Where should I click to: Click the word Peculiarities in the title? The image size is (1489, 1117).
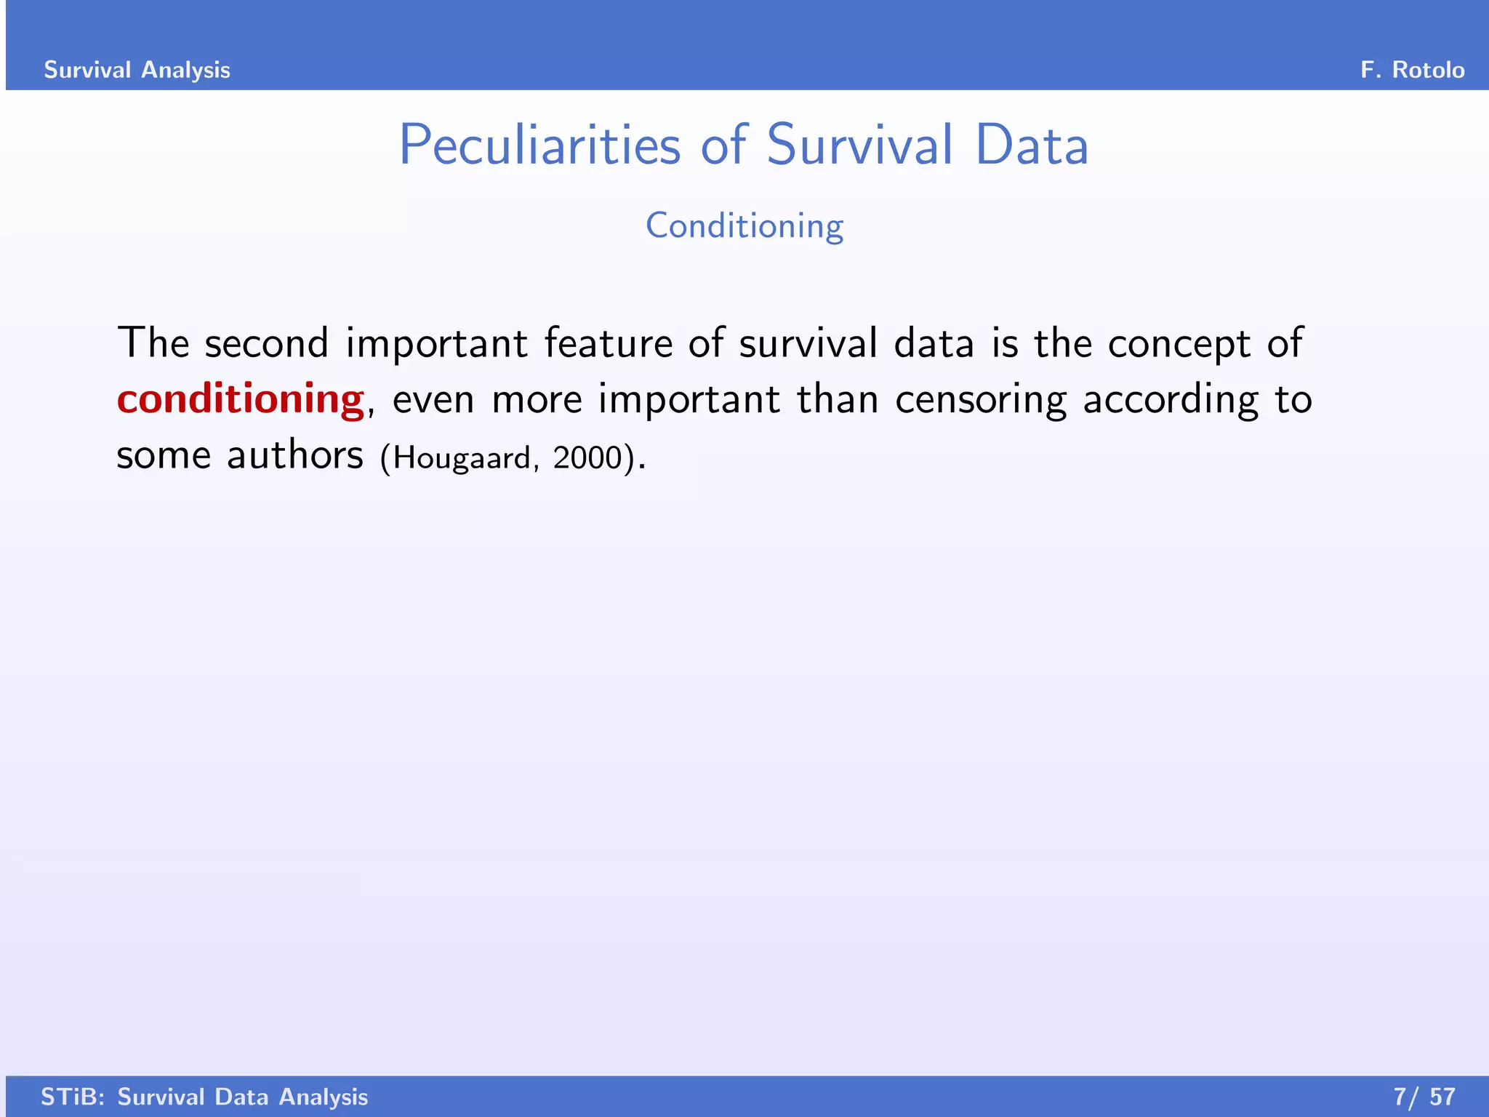point(539,145)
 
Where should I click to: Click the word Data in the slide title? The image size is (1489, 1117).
point(1031,145)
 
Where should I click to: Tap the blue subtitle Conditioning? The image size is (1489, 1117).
point(744,225)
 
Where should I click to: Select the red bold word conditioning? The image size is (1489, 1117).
point(240,399)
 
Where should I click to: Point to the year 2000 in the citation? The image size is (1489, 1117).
point(587,457)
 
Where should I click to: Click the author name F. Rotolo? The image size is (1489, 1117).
point(1412,70)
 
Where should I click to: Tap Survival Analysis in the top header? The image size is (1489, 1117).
point(137,70)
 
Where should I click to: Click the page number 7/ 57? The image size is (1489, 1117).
point(1424,1097)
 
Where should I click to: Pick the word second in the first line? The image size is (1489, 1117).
point(266,343)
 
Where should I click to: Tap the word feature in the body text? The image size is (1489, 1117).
point(608,343)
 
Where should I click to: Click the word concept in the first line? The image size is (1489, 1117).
point(1179,343)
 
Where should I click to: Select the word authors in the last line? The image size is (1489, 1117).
point(294,456)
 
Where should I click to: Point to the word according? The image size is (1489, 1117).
point(1171,399)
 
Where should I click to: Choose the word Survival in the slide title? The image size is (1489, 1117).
point(859,145)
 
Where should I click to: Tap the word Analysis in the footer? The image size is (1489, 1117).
point(323,1097)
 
